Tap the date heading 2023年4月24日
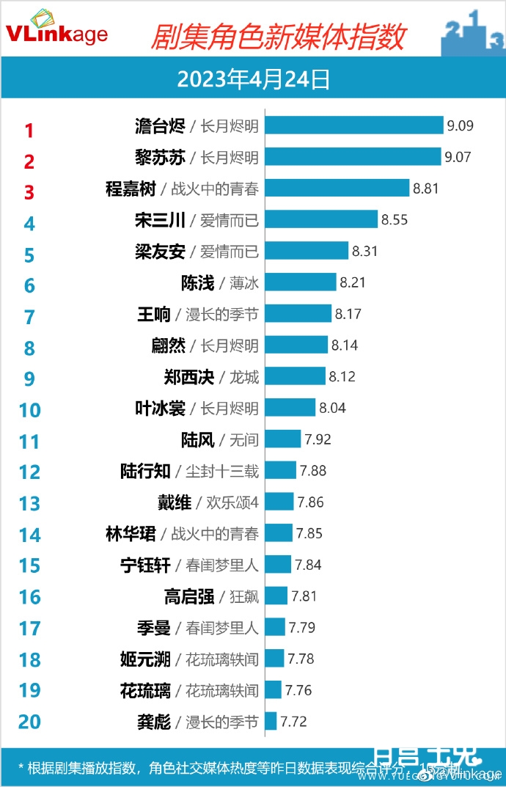tap(253, 78)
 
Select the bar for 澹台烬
tap(354, 125)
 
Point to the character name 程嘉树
tap(131, 188)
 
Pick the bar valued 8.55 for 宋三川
tap(321, 219)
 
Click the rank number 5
tap(29, 255)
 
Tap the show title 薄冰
tap(244, 282)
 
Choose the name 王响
tap(154, 314)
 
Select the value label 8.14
tap(345, 345)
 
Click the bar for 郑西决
tap(295, 376)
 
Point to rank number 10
tap(29, 409)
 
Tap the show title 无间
tap(244, 439)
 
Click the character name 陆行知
tap(145, 470)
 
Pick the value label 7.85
tap(308, 533)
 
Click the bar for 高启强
tap(276, 596)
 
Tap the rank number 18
tap(29, 659)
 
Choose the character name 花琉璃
tap(145, 690)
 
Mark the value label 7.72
tap(293, 722)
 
